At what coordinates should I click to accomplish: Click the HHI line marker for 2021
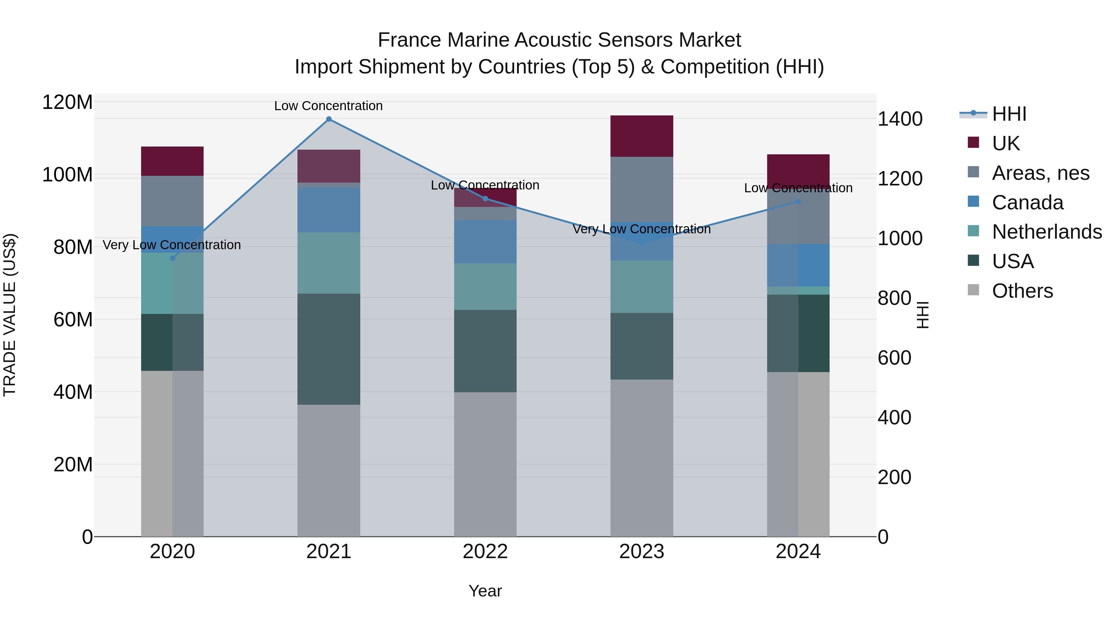[329, 119]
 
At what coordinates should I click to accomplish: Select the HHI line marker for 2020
[173, 258]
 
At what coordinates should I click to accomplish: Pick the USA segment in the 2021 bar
[329, 349]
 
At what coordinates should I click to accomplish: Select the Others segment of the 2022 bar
[485, 464]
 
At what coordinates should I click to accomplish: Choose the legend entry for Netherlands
[1047, 232]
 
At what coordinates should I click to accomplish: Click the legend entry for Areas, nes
[1040, 173]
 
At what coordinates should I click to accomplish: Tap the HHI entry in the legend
[1009, 114]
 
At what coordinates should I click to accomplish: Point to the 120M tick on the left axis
[67, 103]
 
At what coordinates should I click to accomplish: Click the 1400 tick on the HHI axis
[900, 119]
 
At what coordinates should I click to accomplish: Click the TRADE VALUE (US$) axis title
[10, 315]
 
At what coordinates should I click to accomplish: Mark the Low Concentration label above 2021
[329, 106]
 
